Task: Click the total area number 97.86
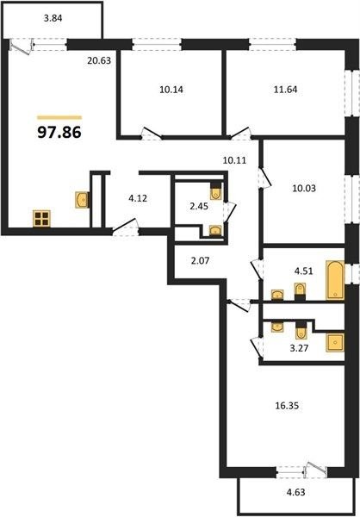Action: (59, 133)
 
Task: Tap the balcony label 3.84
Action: (53, 18)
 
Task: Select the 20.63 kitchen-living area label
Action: (99, 60)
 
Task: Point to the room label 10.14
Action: (171, 90)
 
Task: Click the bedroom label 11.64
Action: (285, 90)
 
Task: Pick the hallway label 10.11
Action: (234, 160)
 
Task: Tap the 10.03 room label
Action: (304, 188)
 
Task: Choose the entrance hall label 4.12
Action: (138, 198)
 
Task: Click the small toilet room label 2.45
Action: (199, 206)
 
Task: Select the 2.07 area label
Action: (200, 261)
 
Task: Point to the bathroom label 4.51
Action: (303, 271)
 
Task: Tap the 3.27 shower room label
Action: (299, 348)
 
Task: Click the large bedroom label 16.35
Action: (287, 406)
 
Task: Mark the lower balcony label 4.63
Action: (295, 493)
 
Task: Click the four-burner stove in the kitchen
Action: (41, 219)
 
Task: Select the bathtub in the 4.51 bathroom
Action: (335, 280)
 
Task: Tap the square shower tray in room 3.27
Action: (335, 343)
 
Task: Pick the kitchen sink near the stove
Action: (82, 200)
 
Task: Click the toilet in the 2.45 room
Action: (216, 190)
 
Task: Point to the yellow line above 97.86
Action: (59, 117)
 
